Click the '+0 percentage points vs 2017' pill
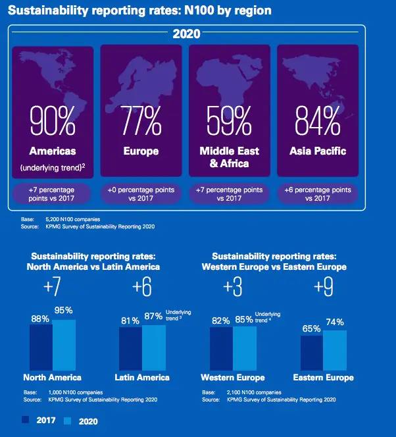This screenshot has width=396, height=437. pos(141,194)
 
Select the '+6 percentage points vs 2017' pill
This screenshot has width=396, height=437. pos(317,194)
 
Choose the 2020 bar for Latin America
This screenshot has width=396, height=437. pos(153,348)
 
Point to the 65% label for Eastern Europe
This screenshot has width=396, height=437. pos(312,328)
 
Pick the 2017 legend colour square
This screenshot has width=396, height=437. pos(26,419)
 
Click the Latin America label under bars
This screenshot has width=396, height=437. pos(142,377)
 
